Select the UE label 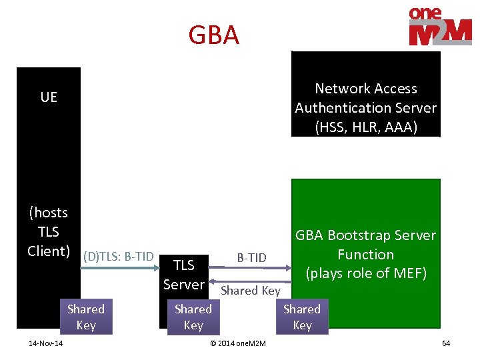(x=49, y=97)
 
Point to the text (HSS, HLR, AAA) (x=366, y=127)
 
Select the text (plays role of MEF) (x=366, y=273)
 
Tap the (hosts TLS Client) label (x=48, y=231)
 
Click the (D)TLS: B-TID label (x=119, y=257)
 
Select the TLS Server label (x=184, y=275)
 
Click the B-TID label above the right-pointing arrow (x=252, y=258)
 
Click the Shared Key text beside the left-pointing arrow (x=251, y=291)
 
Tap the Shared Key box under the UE (x=86, y=317)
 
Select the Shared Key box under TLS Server (x=193, y=317)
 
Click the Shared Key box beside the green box (x=302, y=317)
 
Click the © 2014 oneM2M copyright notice (x=238, y=343)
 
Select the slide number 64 (x=446, y=343)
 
